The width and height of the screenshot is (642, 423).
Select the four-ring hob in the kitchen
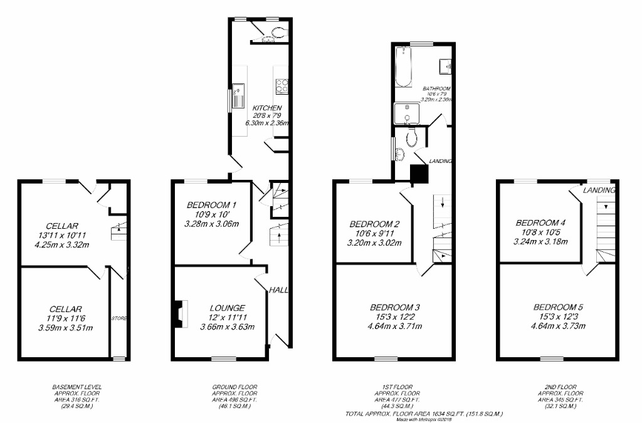(282, 85)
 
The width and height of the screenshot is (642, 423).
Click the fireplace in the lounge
(180, 313)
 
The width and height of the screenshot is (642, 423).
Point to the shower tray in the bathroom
(406, 115)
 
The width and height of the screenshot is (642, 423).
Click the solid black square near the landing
(418, 174)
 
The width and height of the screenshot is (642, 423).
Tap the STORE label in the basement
(119, 318)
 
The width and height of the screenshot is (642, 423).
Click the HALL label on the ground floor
(278, 290)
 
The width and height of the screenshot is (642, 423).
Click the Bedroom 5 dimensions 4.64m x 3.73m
(558, 326)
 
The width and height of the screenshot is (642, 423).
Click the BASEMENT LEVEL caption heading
(77, 387)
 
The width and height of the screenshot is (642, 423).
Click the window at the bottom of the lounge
(221, 358)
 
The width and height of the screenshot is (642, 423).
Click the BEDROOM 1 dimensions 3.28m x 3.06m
(211, 224)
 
